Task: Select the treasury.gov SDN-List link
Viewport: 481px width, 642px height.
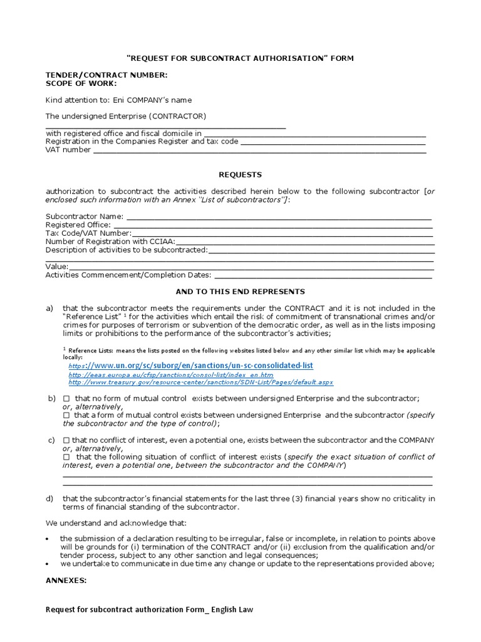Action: (200, 382)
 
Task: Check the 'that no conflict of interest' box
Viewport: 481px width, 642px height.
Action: (67, 441)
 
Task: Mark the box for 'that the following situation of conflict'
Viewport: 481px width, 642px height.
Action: (67, 457)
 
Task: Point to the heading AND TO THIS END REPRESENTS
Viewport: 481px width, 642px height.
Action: (240, 292)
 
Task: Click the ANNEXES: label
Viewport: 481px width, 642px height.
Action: (66, 581)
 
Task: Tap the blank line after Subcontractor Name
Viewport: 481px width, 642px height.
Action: (279, 218)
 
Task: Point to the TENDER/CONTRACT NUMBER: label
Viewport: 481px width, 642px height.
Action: (106, 75)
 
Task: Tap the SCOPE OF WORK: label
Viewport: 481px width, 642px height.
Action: (81, 83)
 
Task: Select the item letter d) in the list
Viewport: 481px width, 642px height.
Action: (49, 498)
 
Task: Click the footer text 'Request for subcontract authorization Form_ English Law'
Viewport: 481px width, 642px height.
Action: (150, 609)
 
